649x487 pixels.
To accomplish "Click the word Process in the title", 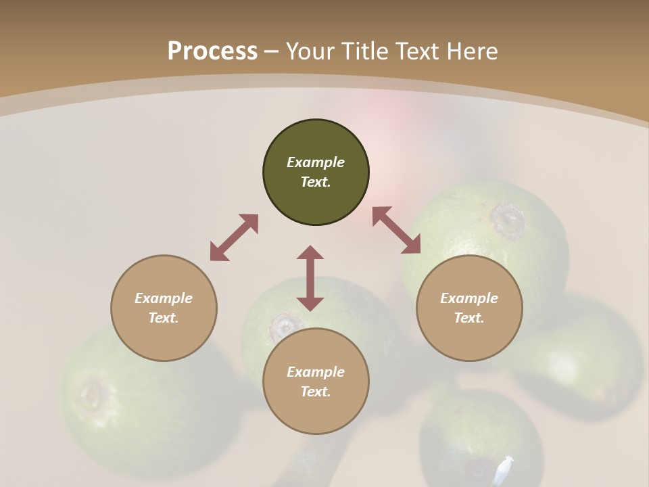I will [212, 51].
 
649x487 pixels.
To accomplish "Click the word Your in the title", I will [311, 51].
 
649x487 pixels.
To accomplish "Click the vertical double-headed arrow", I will [310, 278].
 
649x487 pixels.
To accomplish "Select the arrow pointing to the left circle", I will [234, 237].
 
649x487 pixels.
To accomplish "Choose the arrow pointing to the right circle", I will [396, 230].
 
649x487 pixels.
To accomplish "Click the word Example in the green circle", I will [316, 162].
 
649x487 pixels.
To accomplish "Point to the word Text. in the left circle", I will [164, 318].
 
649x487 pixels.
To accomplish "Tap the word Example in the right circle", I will [469, 298].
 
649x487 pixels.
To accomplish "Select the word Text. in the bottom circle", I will [316, 392].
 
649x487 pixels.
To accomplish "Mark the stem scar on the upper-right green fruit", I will [508, 220].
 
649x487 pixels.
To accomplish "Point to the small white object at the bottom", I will [503, 469].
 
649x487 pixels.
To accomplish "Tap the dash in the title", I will [272, 51].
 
